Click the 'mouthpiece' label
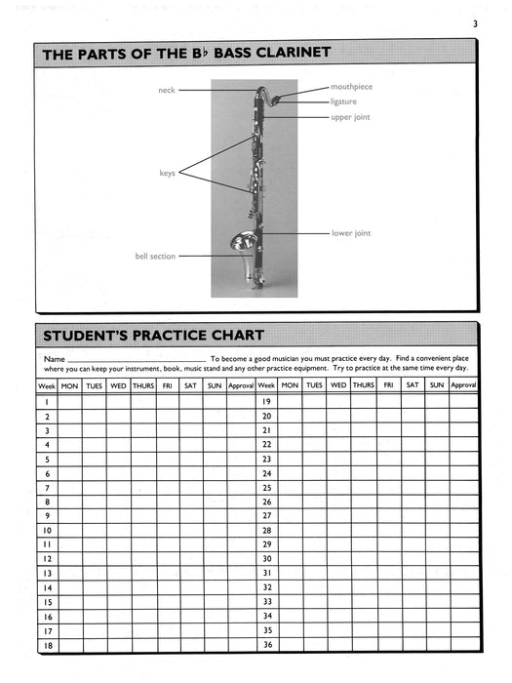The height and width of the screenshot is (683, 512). pyautogui.click(x=351, y=87)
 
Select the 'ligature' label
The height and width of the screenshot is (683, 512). pyautogui.click(x=343, y=101)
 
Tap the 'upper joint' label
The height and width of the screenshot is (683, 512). pyautogui.click(x=350, y=117)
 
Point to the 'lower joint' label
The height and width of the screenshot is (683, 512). pyautogui.click(x=351, y=233)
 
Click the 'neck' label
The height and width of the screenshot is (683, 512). pyautogui.click(x=166, y=90)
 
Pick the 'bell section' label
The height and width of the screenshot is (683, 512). pyautogui.click(x=155, y=257)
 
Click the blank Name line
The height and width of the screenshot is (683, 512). pyautogui.click(x=137, y=361)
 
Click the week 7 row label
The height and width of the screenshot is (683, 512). pyautogui.click(x=47, y=487)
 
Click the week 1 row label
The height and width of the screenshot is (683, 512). pyautogui.click(x=47, y=401)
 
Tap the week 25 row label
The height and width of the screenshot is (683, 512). pyautogui.click(x=265, y=487)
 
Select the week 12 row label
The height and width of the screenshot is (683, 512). pyautogui.click(x=47, y=558)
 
